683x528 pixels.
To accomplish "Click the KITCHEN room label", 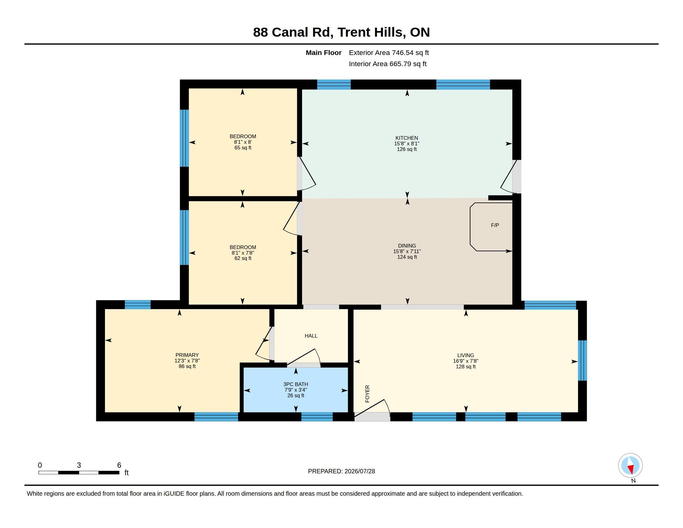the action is [407, 138].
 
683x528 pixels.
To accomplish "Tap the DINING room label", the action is [407, 246].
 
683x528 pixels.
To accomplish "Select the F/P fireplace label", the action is [495, 225].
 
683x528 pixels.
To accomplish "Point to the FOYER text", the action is [368, 394].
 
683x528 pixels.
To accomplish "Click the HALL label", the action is [311, 336].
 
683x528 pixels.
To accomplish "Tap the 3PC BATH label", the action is [296, 385].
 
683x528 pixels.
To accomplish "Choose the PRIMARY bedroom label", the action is [187, 355].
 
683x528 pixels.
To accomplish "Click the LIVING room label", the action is [466, 355].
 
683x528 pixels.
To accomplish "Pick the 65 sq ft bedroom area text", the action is [243, 148].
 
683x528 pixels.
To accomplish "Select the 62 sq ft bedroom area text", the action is [243, 258].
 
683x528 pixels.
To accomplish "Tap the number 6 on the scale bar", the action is [119, 465].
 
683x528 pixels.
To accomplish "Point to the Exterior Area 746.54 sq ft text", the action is [389, 53].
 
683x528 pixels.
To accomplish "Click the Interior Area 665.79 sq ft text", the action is [387, 64].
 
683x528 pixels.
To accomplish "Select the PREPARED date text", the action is [341, 471].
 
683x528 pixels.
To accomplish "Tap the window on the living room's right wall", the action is [582, 360].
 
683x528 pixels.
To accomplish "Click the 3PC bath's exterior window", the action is [317, 417].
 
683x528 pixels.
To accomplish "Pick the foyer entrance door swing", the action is [372, 408].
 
